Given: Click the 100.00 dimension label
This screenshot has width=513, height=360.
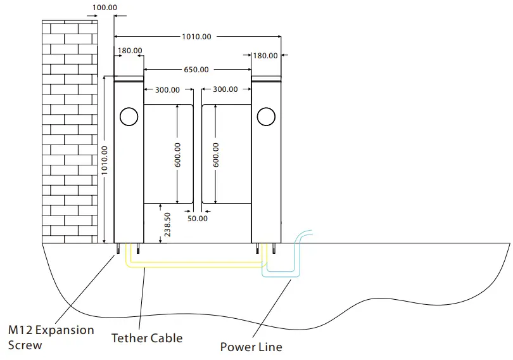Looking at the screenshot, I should [x=105, y=8].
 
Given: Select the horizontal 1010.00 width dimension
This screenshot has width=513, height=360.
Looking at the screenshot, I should [x=196, y=37].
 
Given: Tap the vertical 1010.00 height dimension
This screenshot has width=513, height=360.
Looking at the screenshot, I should [x=104, y=160].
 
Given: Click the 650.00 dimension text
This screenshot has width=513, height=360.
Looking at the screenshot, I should [x=196, y=70].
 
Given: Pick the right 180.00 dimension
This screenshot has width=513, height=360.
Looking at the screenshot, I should [x=265, y=56].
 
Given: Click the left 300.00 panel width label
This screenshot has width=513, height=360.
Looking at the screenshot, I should [x=168, y=90].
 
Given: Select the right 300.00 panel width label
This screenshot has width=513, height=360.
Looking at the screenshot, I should [x=225, y=90].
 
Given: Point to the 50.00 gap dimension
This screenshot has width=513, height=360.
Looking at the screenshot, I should [x=198, y=219].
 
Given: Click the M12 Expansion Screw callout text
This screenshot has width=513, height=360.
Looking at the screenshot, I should [x=51, y=337].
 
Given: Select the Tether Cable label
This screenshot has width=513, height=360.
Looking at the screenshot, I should [x=147, y=338].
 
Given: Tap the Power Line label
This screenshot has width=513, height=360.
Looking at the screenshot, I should [x=251, y=347].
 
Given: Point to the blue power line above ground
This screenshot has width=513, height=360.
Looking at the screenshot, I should [x=304, y=234].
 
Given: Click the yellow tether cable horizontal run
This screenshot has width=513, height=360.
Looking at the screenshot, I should [x=196, y=266].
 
